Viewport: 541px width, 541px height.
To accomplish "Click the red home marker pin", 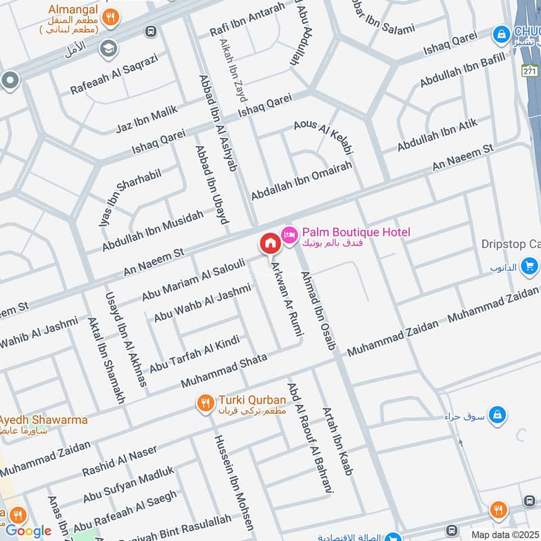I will [269, 243].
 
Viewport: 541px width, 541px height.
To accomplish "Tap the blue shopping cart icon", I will [530, 266].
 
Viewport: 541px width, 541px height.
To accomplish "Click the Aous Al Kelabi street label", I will [324, 135].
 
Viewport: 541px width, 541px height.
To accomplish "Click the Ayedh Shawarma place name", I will [44, 420].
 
